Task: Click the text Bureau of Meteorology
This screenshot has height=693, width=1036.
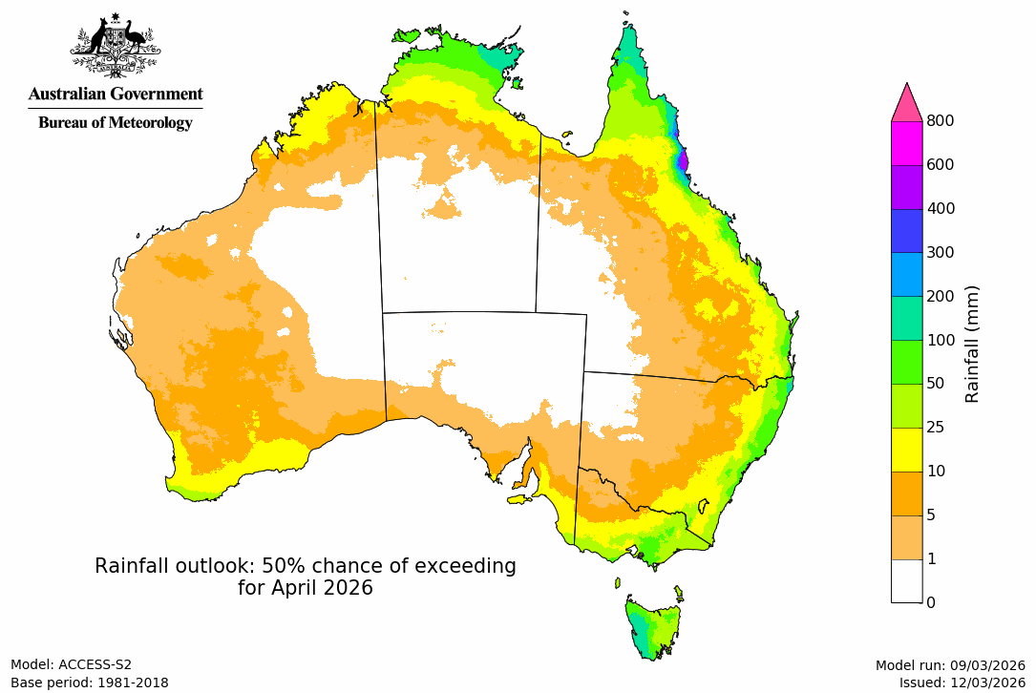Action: tap(115, 123)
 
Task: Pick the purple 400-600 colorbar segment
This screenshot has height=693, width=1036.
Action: tap(906, 186)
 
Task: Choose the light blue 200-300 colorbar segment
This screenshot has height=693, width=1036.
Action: tap(906, 274)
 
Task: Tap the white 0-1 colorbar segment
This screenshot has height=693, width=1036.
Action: tap(906, 580)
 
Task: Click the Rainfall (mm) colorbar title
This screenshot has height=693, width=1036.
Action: tap(972, 344)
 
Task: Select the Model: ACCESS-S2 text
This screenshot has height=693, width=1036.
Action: tap(71, 665)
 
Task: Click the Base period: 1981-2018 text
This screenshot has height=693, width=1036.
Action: tap(89, 682)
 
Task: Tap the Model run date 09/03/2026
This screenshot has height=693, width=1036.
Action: tap(985, 665)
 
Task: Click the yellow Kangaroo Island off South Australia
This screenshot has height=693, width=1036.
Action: tap(519, 498)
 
